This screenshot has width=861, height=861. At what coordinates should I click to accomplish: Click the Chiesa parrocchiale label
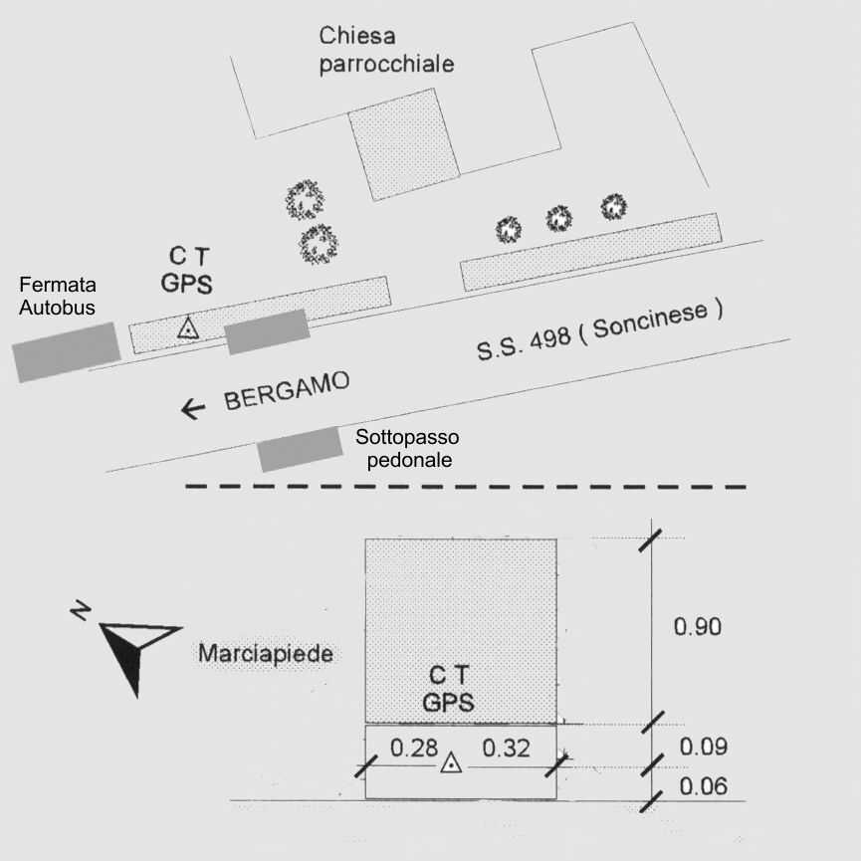click(386, 50)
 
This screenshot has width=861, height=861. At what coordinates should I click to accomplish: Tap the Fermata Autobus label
click(57, 296)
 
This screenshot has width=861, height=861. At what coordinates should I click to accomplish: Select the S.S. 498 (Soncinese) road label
click(599, 330)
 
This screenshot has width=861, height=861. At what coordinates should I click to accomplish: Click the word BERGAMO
click(286, 390)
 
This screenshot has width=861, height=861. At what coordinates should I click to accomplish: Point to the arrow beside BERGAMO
click(193, 409)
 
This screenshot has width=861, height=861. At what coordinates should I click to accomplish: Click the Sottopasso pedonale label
click(407, 448)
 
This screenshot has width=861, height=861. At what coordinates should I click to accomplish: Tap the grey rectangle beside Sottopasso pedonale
click(301, 449)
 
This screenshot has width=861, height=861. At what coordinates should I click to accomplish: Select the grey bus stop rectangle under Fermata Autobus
click(67, 352)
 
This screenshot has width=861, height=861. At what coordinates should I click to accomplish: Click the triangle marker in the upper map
click(188, 327)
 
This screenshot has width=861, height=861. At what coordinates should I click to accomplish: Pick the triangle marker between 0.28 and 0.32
click(451, 762)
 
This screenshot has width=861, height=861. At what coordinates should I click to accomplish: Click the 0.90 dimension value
click(698, 626)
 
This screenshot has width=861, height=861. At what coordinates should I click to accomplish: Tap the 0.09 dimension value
click(704, 747)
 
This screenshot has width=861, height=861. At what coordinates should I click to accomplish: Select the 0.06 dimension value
click(704, 786)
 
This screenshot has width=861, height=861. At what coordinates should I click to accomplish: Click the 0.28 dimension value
click(414, 748)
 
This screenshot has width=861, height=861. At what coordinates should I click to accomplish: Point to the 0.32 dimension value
click(506, 748)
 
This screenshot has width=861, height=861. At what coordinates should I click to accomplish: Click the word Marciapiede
click(266, 653)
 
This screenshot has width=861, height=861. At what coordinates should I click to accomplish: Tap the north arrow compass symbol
click(131, 648)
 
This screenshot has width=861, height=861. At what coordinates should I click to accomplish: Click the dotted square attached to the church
click(405, 145)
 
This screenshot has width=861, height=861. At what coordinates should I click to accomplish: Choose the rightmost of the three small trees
click(613, 207)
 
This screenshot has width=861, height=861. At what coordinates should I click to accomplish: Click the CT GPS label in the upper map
click(187, 270)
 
